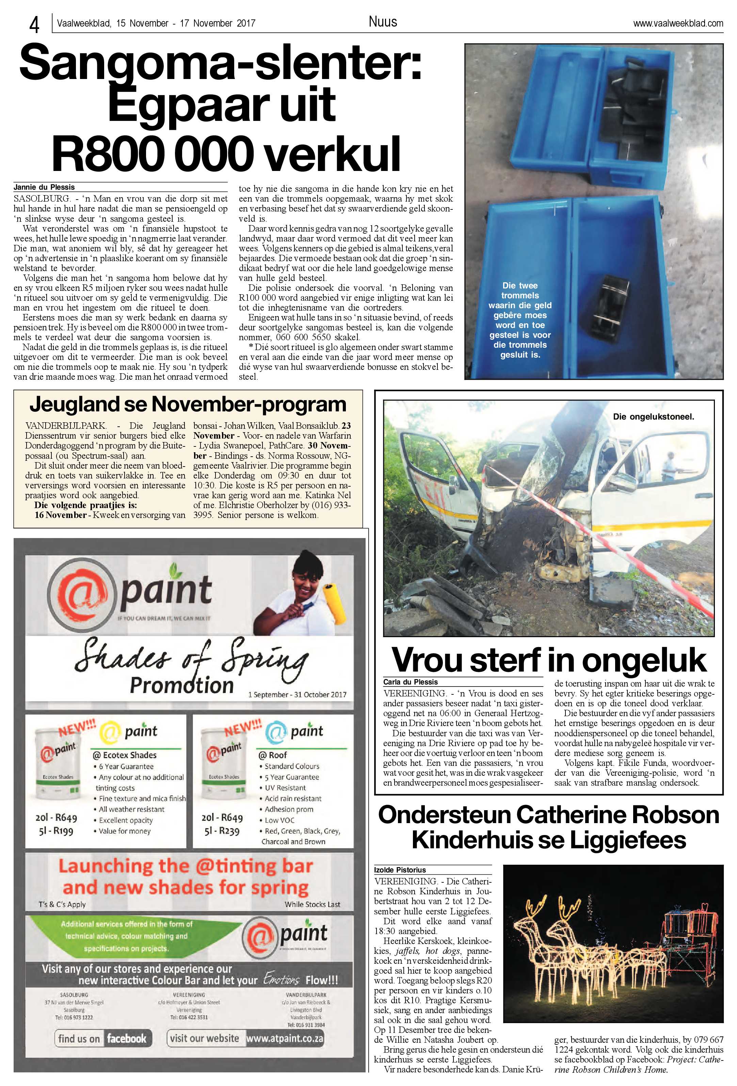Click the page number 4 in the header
(34, 24)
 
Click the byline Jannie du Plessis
(44, 187)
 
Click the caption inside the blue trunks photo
(520, 320)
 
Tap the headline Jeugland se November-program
(188, 405)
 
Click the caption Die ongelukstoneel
(653, 417)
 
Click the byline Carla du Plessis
(411, 682)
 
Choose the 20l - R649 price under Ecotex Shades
(56, 817)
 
